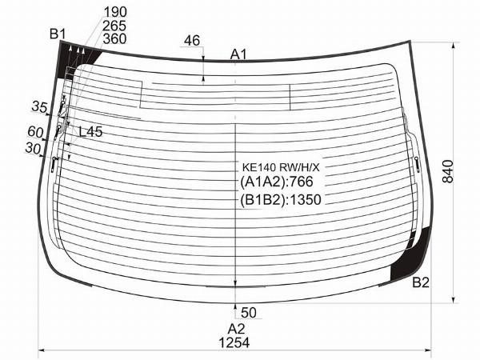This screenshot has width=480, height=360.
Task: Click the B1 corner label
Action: coord(58,34)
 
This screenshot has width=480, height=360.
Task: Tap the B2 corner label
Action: coord(421,282)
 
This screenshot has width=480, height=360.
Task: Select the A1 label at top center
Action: coord(238,54)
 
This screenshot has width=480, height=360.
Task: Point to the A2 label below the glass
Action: coord(236,329)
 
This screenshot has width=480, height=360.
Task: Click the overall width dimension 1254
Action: coord(234,342)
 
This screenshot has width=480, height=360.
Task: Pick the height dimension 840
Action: coord(448,171)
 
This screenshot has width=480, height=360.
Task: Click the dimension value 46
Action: coord(192,41)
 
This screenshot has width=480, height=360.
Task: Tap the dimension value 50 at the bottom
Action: coord(249,313)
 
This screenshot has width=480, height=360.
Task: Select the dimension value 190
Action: coord(115,12)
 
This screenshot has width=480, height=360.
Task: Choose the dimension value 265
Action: coord(114,26)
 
